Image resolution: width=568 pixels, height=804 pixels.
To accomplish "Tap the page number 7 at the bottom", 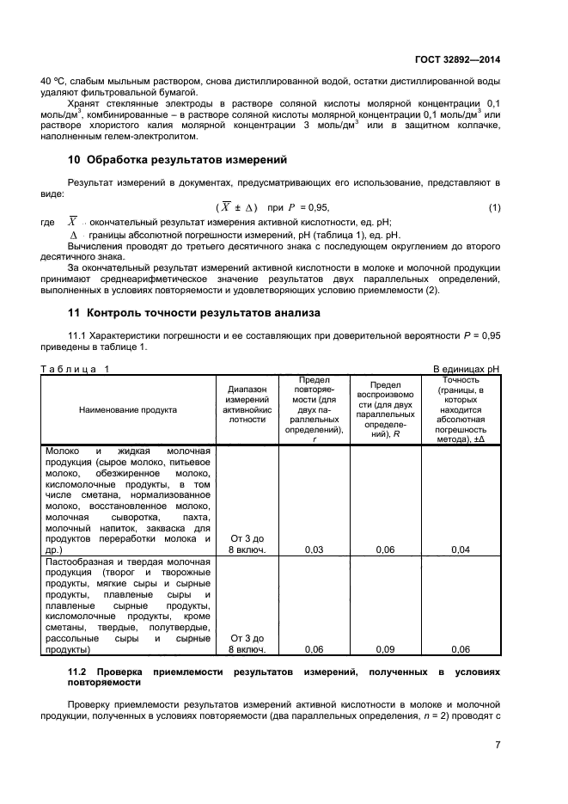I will tap(498, 744).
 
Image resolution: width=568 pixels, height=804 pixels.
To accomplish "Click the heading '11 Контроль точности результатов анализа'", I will tap(193, 313).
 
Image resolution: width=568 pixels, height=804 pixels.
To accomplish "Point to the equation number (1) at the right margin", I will tap(494, 208).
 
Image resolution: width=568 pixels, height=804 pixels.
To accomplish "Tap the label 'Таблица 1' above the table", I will tap(76, 369).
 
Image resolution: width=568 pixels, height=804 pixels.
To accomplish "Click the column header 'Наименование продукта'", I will tap(128, 410).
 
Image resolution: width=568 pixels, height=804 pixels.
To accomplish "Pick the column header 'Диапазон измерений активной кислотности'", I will tap(247, 405).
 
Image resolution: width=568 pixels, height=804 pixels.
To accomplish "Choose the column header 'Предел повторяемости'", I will tap(315, 409).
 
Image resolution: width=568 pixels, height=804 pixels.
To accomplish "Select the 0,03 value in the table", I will tap(315, 548).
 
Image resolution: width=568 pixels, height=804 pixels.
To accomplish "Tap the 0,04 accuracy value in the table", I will tap(461, 548).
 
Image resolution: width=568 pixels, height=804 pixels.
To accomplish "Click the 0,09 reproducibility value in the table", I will tap(386, 649).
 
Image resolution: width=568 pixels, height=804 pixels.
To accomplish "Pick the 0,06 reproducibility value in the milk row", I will tap(386, 548).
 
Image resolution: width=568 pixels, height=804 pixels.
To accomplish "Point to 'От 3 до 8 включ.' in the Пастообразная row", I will tap(247, 644).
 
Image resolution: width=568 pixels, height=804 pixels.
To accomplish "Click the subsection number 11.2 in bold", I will tap(77, 671).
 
